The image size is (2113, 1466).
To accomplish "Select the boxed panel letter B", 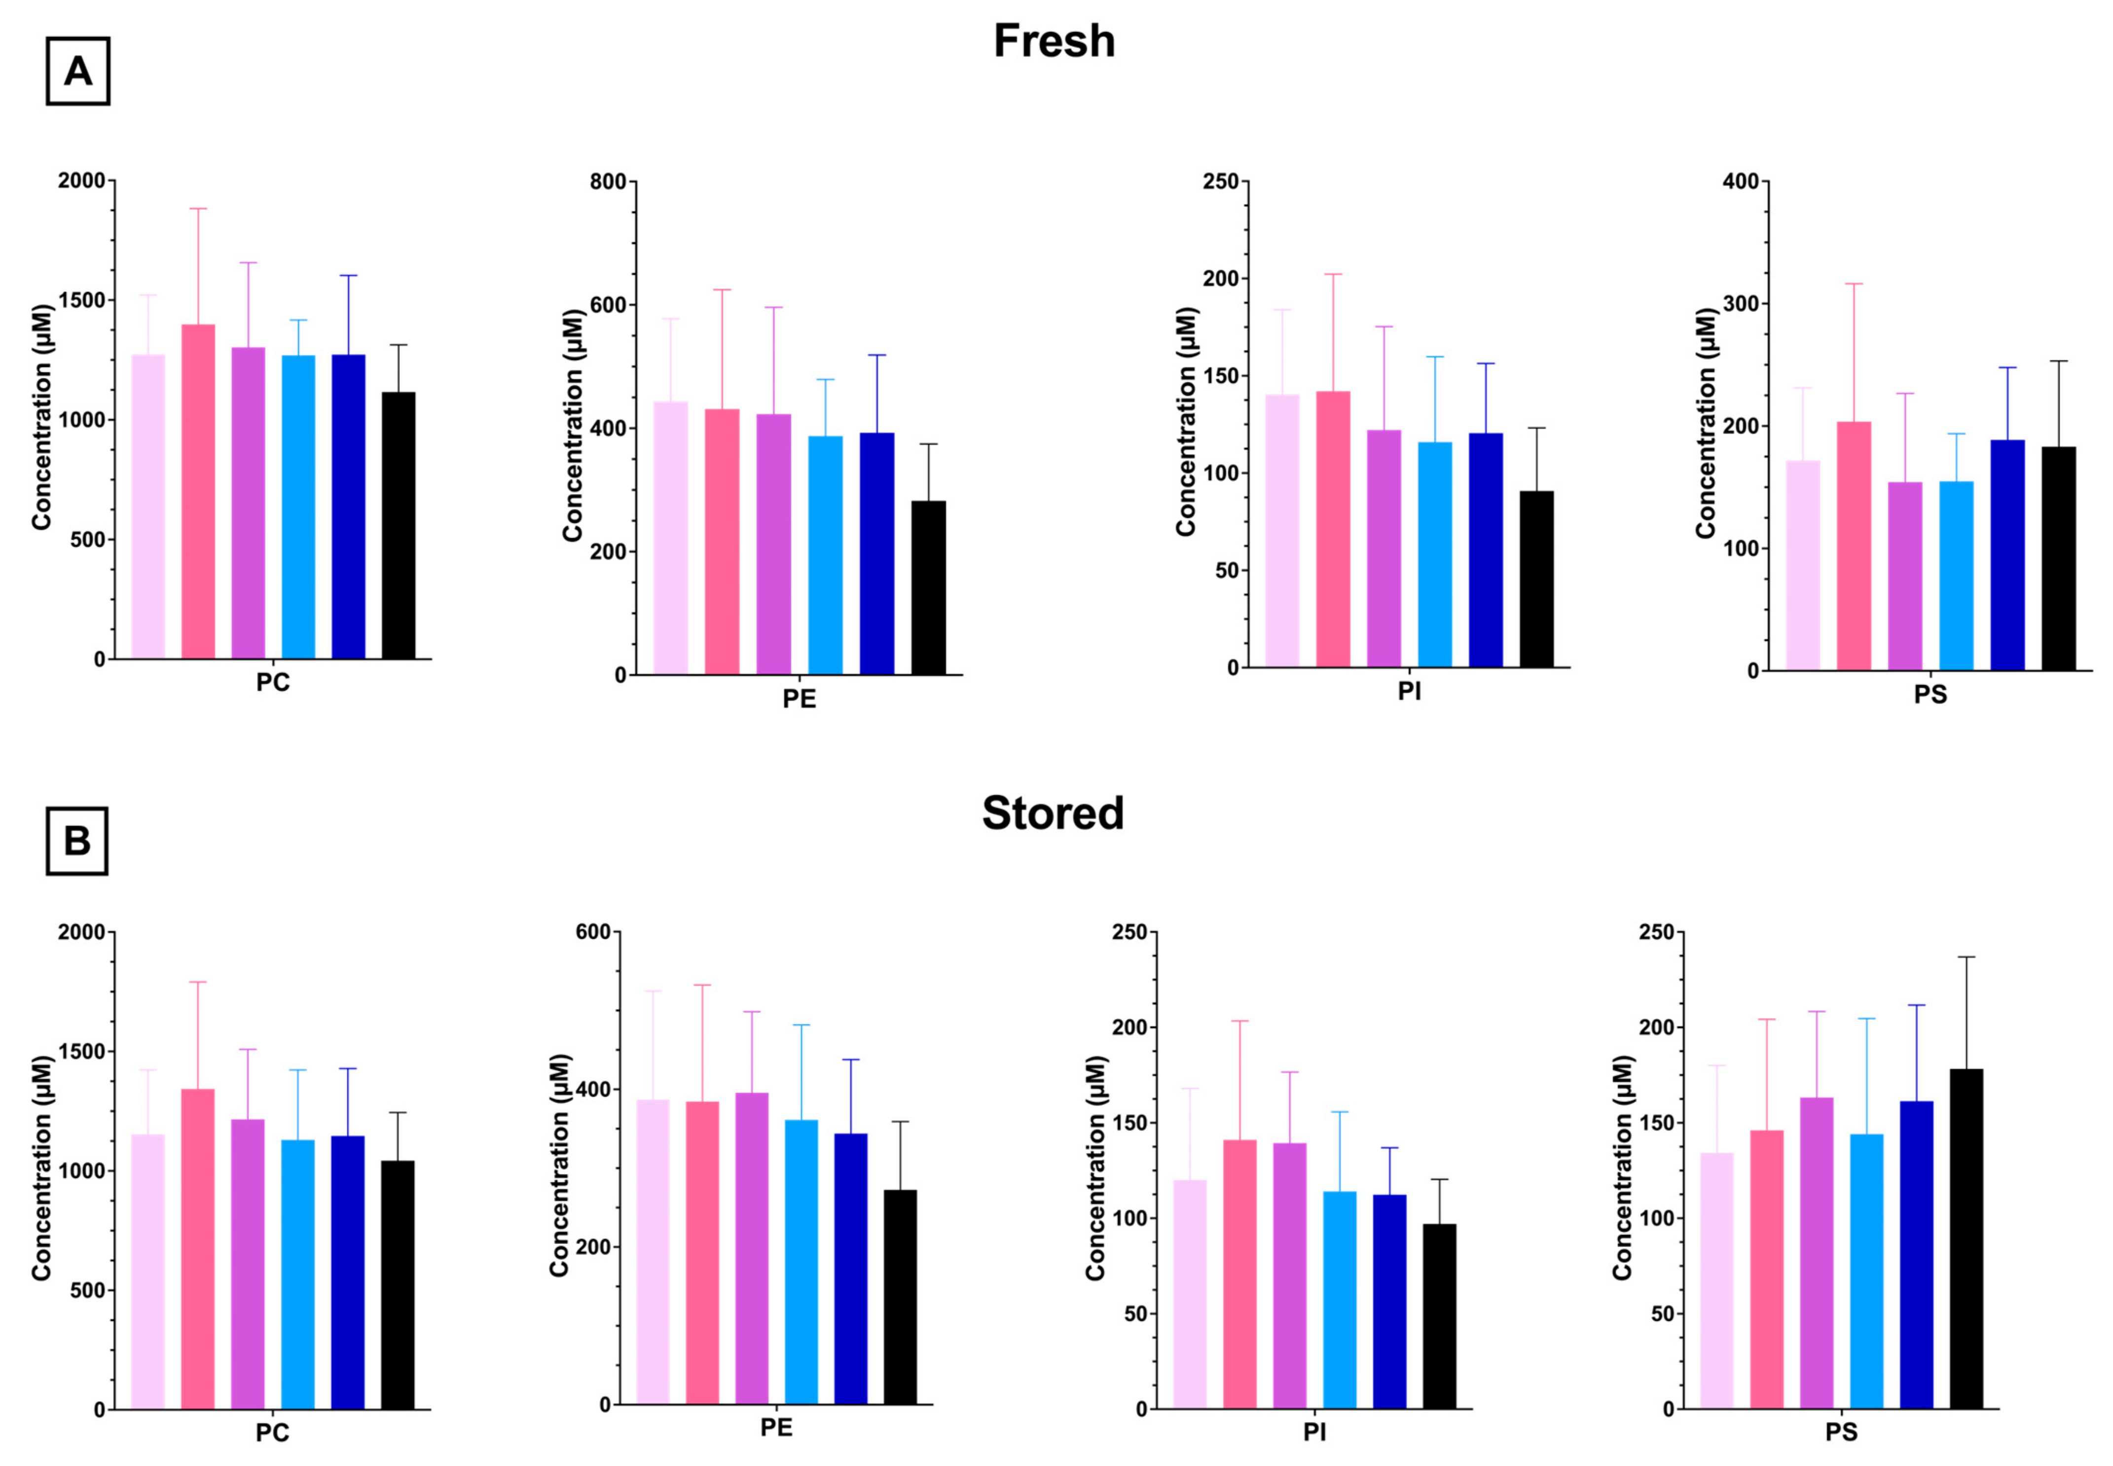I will tap(77, 841).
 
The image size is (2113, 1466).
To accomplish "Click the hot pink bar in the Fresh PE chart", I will tap(722, 542).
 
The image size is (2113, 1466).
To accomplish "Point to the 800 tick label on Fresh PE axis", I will tap(608, 182).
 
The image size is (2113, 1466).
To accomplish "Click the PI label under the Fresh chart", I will tap(1409, 692).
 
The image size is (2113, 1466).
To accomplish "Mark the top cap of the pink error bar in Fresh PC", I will tap(198, 209).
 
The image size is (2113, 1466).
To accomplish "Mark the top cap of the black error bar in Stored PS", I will tap(1966, 957).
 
